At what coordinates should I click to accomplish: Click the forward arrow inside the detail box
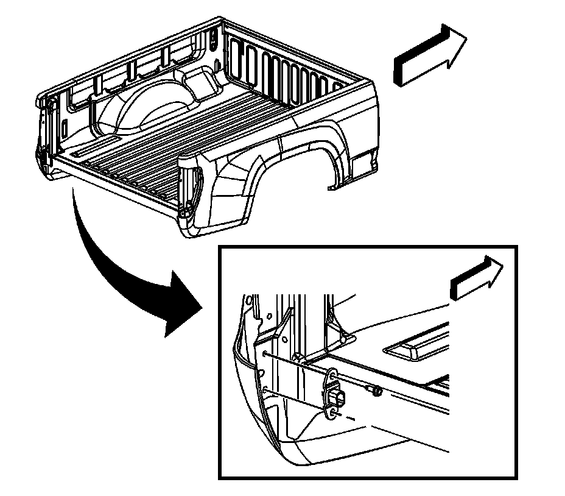477,277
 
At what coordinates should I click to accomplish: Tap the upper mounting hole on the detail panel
266,353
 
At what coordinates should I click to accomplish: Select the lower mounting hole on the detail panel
266,389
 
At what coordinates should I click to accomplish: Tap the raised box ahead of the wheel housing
195,79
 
